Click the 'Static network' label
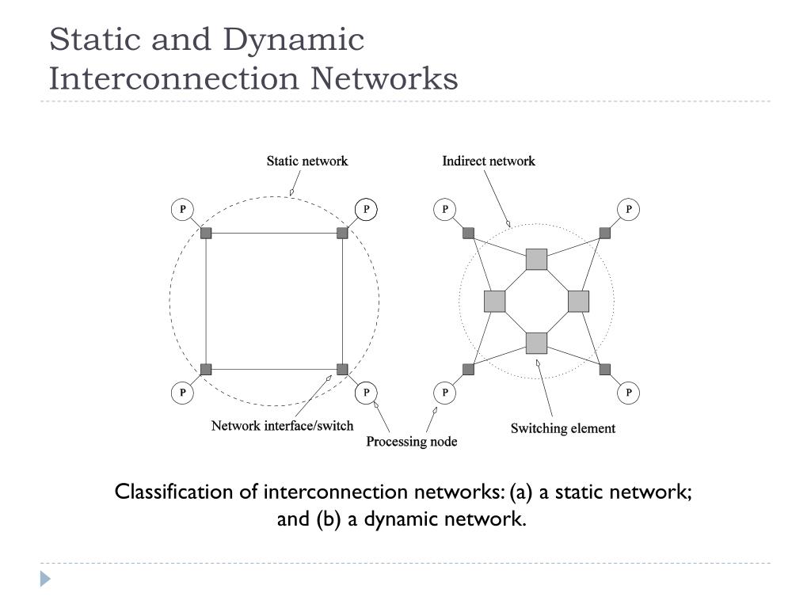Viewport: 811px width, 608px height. coord(307,161)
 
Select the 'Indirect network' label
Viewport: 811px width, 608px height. coord(488,161)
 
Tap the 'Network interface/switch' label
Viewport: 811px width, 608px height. coord(282,426)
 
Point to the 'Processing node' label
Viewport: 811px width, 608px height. coord(411,441)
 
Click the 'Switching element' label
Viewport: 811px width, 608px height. coord(562,428)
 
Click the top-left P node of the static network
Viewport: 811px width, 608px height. coord(182,210)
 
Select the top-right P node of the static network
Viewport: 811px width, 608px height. coord(366,210)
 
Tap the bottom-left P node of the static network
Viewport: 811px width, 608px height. coord(182,393)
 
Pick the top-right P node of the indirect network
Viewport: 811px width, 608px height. coord(629,210)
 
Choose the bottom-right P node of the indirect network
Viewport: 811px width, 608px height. coord(629,393)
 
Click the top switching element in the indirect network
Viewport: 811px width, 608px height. coord(537,259)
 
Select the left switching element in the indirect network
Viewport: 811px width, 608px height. coord(495,301)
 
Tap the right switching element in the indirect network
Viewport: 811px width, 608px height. coord(579,301)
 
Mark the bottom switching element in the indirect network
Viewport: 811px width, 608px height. coord(537,343)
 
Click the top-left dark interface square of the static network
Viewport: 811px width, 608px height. coord(206,233)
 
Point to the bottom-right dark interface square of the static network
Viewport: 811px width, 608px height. coord(342,369)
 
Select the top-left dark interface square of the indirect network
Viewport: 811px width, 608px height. coord(468,233)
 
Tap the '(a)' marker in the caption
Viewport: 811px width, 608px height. coord(521,492)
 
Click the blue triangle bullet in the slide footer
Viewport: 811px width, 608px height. coord(46,579)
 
